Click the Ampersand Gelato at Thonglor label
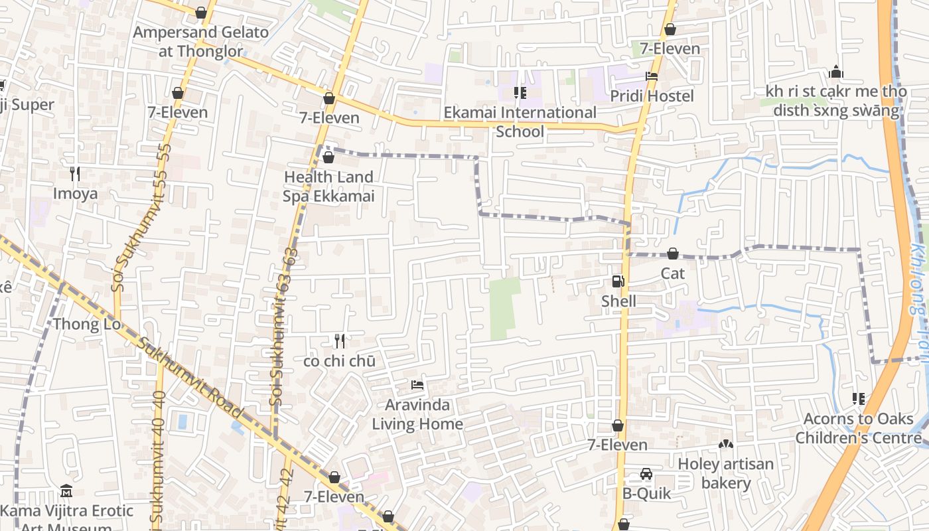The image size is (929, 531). pyautogui.click(x=201, y=41)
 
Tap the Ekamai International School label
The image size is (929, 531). pyautogui.click(x=520, y=121)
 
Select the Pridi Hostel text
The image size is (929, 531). pyautogui.click(x=652, y=96)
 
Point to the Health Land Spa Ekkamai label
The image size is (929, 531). pyautogui.click(x=329, y=187)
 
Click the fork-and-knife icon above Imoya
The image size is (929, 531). pyautogui.click(x=75, y=174)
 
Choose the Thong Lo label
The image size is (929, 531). pyautogui.click(x=87, y=324)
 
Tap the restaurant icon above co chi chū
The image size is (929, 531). pyautogui.click(x=340, y=341)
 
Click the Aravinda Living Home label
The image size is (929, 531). pyautogui.click(x=417, y=414)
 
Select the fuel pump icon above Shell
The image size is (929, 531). pyautogui.click(x=618, y=281)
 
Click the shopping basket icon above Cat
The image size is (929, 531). pyautogui.click(x=672, y=254)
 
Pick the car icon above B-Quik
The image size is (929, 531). pyautogui.click(x=646, y=474)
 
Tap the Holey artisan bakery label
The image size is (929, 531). pyautogui.click(x=725, y=473)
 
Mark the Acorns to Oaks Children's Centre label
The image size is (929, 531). pyautogui.click(x=858, y=428)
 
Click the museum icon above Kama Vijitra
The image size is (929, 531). pyautogui.click(x=66, y=491)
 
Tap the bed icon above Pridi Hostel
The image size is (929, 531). pyautogui.click(x=652, y=76)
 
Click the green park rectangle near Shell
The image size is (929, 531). pyautogui.click(x=504, y=307)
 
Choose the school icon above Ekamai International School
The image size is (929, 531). pyautogui.click(x=520, y=92)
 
